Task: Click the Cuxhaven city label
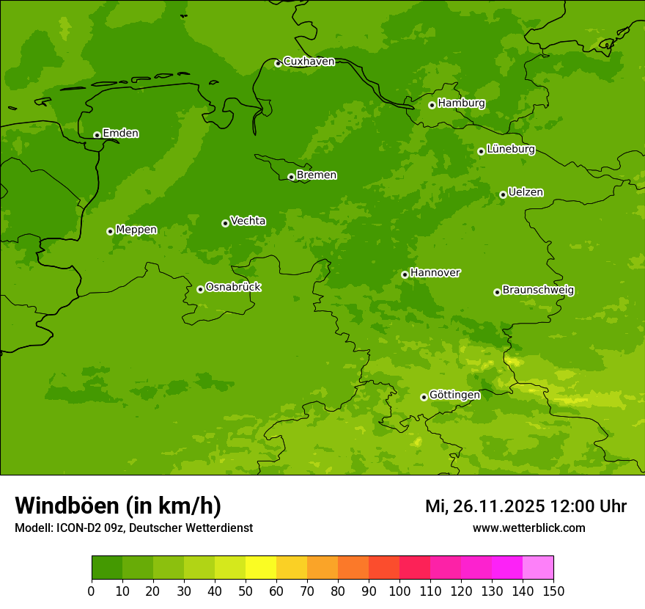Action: click(x=309, y=62)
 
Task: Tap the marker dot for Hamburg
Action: click(x=432, y=105)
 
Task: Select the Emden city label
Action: click(x=120, y=134)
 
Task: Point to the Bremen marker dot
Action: click(x=291, y=177)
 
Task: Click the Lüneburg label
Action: click(x=511, y=149)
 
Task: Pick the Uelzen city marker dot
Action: click(x=503, y=194)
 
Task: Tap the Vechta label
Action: click(x=248, y=221)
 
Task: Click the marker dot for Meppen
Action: click(x=110, y=231)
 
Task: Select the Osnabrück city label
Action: click(x=233, y=287)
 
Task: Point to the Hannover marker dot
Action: click(x=405, y=274)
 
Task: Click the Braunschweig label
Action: click(x=538, y=290)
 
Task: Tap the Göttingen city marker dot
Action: click(x=424, y=397)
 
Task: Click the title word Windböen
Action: click(x=67, y=506)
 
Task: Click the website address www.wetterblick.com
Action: click(x=528, y=528)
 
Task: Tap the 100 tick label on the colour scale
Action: click(x=399, y=591)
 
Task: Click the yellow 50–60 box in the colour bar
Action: click(x=261, y=568)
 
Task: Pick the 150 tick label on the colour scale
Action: click(x=553, y=591)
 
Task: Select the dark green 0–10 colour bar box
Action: click(x=107, y=568)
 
